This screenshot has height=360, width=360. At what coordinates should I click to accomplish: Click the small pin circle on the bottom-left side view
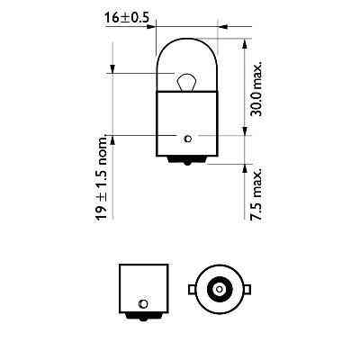[x=142, y=303]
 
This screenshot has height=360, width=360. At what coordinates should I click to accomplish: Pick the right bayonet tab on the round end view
[x=243, y=289]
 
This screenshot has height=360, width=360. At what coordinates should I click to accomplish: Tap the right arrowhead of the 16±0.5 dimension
[x=216, y=26]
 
